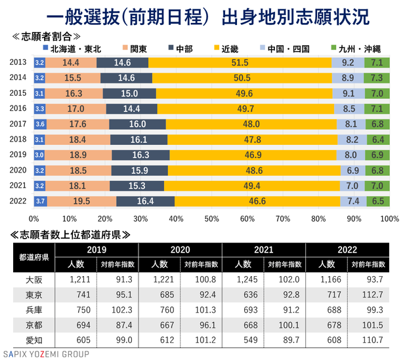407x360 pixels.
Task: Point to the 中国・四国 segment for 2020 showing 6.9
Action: [347, 170]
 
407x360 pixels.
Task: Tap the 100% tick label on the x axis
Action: [388, 218]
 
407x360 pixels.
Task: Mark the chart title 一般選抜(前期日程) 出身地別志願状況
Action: [203, 14]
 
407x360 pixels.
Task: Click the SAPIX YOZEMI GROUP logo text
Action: [46, 355]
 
